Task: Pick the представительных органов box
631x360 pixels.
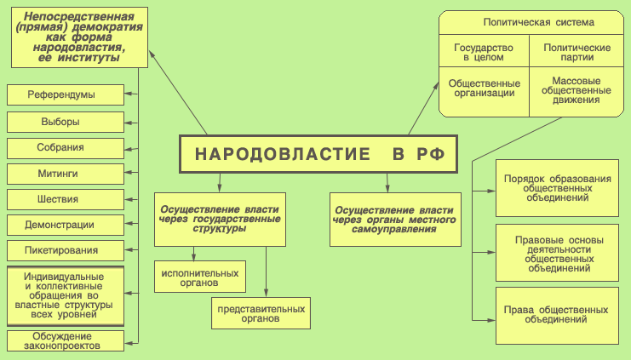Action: tap(261, 311)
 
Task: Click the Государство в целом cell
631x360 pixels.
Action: tap(483, 54)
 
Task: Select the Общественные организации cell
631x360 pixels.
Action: tap(483, 89)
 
